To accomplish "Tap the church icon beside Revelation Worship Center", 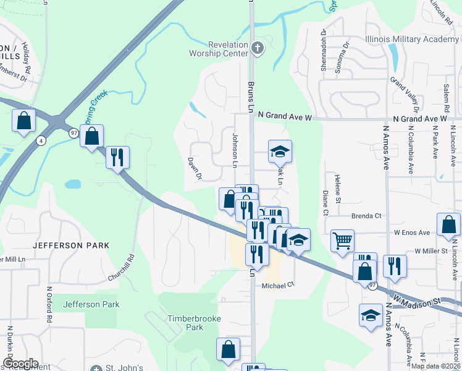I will click(258, 48).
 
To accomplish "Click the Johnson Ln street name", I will click(235, 150).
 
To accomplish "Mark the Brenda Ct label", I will click(367, 216).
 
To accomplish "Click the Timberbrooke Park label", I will click(186, 323).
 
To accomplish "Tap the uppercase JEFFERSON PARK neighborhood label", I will click(71, 245).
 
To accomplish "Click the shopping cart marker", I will click(342, 240).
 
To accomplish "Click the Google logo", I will click(20, 364).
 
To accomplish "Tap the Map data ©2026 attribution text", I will click(436, 366).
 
